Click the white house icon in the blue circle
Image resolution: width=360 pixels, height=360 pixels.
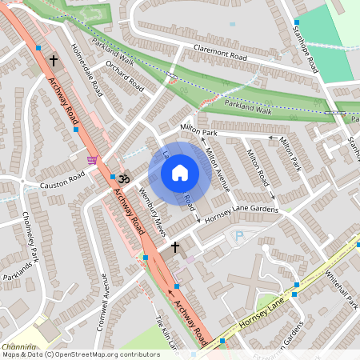click(x=179, y=173)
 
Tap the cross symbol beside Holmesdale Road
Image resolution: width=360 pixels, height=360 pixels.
click(x=54, y=60)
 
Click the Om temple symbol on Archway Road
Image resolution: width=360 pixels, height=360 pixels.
click(x=124, y=182)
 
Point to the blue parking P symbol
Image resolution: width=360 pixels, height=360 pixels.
click(x=238, y=237)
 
